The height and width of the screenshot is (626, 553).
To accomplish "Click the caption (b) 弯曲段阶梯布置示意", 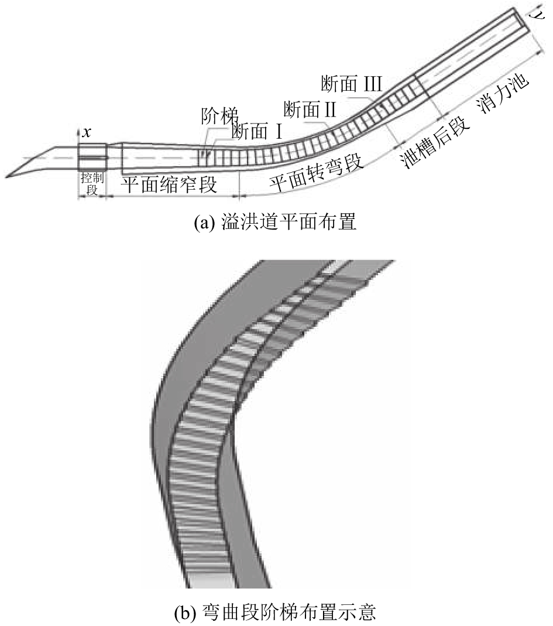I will [276, 613].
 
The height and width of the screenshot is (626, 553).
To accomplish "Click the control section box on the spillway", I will [92, 158].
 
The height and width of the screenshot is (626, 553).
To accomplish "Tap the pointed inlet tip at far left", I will [7, 175].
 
